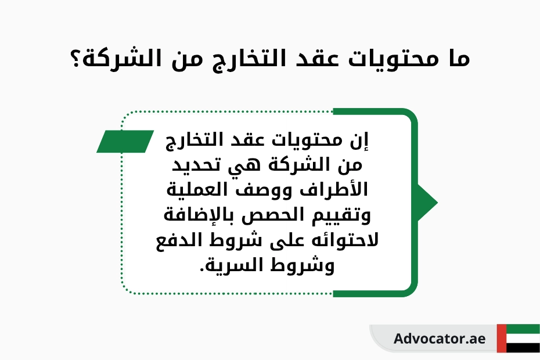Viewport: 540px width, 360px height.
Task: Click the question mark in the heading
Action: (x=75, y=59)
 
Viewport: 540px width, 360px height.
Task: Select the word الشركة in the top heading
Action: (x=117, y=59)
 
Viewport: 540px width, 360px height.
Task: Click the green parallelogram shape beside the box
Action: (x=125, y=141)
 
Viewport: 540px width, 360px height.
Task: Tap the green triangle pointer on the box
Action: (x=427, y=203)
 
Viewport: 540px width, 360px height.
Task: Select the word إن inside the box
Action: (x=359, y=141)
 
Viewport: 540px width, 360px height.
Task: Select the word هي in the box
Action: (x=242, y=165)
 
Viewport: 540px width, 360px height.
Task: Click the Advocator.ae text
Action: (x=440, y=339)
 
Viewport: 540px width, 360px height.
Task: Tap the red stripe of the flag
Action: (x=502, y=339)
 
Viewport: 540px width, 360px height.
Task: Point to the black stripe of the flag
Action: (x=523, y=348)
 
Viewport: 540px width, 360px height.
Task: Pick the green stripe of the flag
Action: (x=523, y=329)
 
